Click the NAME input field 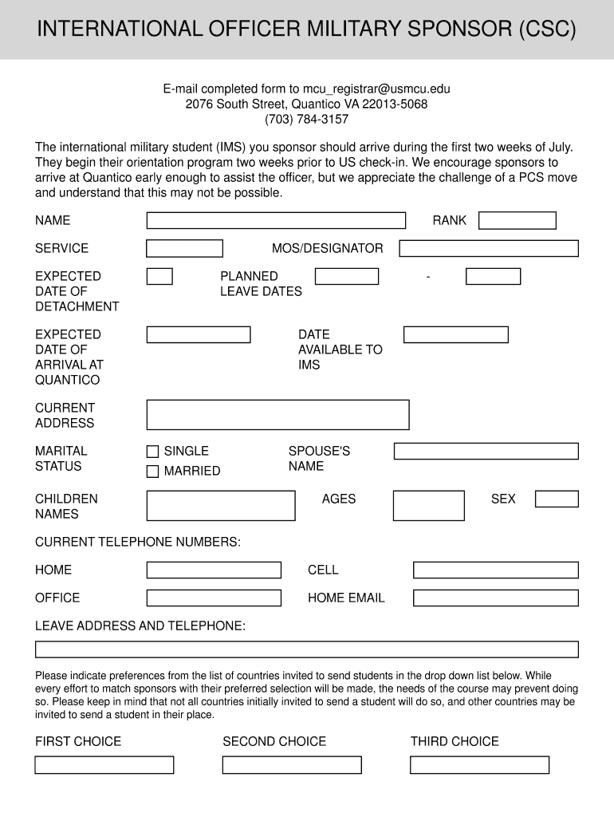(276, 221)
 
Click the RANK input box (517, 221)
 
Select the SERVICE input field (184, 249)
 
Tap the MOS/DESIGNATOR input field (489, 249)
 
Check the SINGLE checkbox (152, 452)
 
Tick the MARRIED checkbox (152, 472)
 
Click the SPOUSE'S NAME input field (486, 452)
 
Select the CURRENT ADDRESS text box (277, 415)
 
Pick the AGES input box (429, 506)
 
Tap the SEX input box (557, 499)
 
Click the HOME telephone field (214, 570)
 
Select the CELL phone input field (495, 570)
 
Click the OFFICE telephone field (214, 598)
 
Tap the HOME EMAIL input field (495, 598)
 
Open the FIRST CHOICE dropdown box (104, 765)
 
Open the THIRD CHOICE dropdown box (479, 765)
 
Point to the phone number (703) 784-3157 (307, 120)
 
